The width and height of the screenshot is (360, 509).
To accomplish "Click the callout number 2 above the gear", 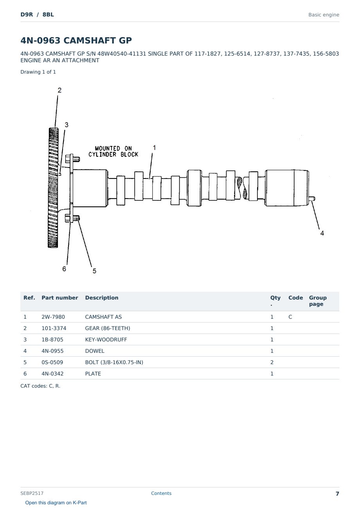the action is (x=59, y=90).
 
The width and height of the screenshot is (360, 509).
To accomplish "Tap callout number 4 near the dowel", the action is (x=322, y=233).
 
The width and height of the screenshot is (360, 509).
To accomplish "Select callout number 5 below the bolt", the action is (x=94, y=271).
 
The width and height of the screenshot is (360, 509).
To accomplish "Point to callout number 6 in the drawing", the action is (x=64, y=269).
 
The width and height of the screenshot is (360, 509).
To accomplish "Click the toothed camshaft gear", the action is (x=53, y=188).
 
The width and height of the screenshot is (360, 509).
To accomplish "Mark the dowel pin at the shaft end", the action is (x=312, y=199).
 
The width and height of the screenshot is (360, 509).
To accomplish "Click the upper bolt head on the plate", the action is (x=68, y=159).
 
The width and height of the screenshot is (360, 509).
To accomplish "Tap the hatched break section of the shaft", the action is (x=242, y=188).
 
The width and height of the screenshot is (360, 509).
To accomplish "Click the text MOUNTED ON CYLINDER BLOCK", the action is (x=113, y=152).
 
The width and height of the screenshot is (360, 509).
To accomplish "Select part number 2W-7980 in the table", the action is (x=53, y=317).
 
